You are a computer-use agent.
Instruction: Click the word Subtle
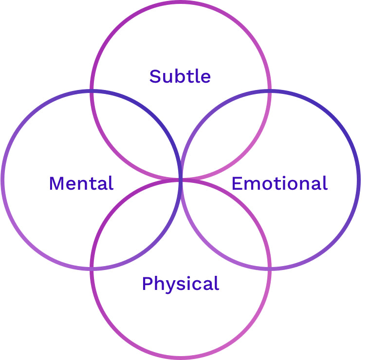click(180, 76)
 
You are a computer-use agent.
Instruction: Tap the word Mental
click(81, 183)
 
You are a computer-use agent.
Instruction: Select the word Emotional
click(279, 183)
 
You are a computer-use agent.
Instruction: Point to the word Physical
click(180, 284)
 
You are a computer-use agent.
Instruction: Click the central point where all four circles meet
click(181, 180)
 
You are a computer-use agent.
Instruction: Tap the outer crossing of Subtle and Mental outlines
click(92, 90)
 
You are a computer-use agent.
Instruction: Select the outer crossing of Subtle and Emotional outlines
click(270, 90)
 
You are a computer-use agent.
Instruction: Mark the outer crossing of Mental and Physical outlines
click(92, 268)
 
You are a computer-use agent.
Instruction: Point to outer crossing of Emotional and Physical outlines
click(270, 268)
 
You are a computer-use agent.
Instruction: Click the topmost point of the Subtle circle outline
click(181, 2)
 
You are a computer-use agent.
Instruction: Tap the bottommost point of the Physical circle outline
click(181, 358)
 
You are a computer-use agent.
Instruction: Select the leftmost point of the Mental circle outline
click(3, 180)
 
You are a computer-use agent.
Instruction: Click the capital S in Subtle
click(155, 76)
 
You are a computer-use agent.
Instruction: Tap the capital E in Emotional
click(237, 183)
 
